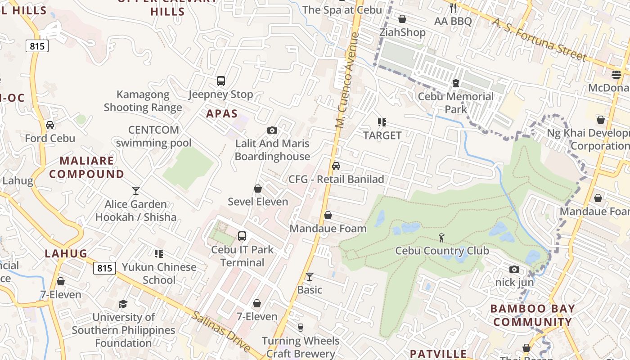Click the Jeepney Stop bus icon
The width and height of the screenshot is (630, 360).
pos(220,81)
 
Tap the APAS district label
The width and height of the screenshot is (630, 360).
pos(222,113)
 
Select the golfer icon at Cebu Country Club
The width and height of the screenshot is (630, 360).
pos(442,237)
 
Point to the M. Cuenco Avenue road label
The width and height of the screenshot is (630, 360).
pos(347,80)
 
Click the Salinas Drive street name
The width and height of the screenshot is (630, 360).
pos(221,332)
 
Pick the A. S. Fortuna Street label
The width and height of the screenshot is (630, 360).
pos(539,40)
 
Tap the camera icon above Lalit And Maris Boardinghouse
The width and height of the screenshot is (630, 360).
pos(272,130)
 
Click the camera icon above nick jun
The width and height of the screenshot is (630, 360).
pos(514,269)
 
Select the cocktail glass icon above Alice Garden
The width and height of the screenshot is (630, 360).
pos(136,191)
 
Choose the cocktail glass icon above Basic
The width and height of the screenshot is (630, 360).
pos(310,276)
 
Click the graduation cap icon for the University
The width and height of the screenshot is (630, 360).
pos(123,304)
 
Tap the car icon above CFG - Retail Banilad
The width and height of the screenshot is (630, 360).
pos(336,166)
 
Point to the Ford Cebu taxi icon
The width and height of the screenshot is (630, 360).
pos(49,125)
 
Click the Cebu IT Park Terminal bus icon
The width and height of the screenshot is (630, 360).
pos(242,236)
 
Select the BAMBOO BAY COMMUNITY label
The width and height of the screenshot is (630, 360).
pos(532,315)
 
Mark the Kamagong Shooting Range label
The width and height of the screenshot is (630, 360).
pos(143,101)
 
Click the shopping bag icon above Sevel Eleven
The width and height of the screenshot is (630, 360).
pos(258,189)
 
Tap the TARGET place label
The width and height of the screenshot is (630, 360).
pos(382,135)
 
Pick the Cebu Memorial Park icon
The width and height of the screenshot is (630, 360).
pos(455,83)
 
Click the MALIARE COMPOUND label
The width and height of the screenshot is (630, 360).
pos(86,167)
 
